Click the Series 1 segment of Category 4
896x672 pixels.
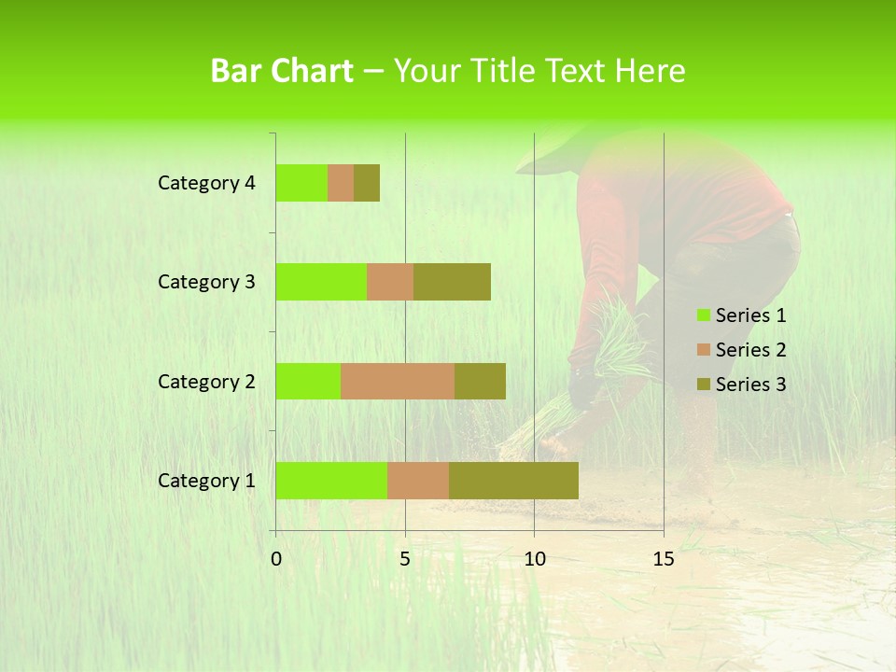tap(301, 183)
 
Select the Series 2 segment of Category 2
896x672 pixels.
tap(398, 381)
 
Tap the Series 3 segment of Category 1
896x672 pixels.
tap(513, 481)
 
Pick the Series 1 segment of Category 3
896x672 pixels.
tap(321, 282)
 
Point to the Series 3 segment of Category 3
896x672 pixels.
tap(452, 282)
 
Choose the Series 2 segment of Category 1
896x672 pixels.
tap(418, 481)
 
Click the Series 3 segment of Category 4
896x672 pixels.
tap(367, 183)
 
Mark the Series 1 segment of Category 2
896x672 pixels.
tap(308, 381)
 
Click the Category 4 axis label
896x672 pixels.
tap(206, 183)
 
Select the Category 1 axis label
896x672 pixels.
tap(206, 481)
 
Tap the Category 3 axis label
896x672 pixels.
tap(206, 282)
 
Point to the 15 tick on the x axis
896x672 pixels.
tap(663, 559)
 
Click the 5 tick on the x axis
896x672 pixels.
tap(405, 559)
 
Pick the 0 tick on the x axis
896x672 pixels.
tap(276, 559)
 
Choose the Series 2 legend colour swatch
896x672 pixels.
tap(703, 350)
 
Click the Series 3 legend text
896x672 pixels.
tap(750, 385)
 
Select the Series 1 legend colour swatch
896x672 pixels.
tap(703, 315)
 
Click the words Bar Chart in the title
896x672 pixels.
tap(281, 71)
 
